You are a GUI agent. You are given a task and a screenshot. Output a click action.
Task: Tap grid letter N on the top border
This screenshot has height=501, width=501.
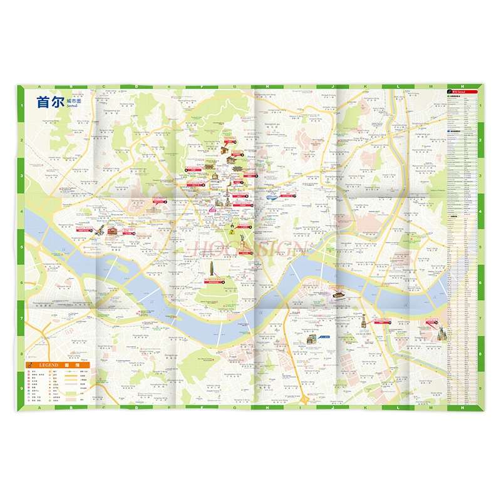point(462,87)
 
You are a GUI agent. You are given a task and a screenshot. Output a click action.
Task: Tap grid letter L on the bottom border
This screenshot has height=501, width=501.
point(398,408)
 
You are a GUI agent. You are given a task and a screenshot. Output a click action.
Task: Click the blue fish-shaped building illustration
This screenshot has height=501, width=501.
point(271,197)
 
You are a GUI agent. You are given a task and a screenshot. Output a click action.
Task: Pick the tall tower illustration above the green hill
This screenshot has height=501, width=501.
point(211,268)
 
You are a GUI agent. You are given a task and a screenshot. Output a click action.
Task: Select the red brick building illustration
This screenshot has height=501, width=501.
point(112,231)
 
